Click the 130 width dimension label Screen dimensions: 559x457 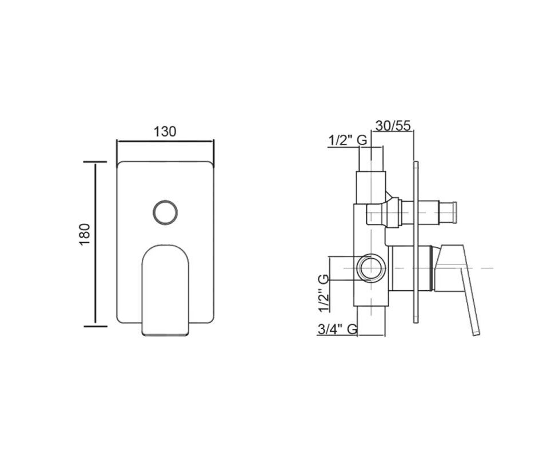[x=165, y=132]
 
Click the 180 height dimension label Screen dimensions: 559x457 [x=85, y=234]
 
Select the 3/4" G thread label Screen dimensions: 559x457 [x=337, y=329]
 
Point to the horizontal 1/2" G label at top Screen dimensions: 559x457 [x=348, y=141]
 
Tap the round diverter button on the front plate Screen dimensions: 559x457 [x=165, y=213]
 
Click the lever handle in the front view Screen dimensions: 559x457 [x=165, y=290]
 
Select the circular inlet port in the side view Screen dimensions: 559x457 [x=371, y=268]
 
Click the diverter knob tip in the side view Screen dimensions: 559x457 [x=448, y=213]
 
